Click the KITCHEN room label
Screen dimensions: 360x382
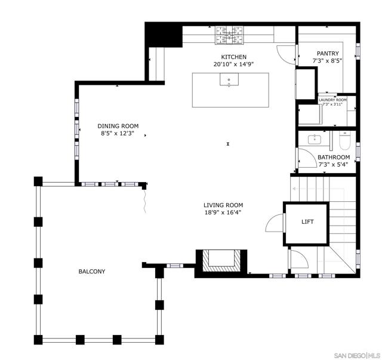[x=230, y=57]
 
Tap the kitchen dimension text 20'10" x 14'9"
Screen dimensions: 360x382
[x=230, y=64]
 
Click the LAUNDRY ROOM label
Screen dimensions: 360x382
[x=332, y=100]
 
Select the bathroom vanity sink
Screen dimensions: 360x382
[x=315, y=140]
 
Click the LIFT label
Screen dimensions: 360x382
[x=307, y=222]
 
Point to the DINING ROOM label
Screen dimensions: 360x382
[x=118, y=126]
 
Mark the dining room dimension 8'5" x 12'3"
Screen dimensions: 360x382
[x=118, y=134]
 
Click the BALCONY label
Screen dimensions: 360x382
[x=92, y=272]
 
